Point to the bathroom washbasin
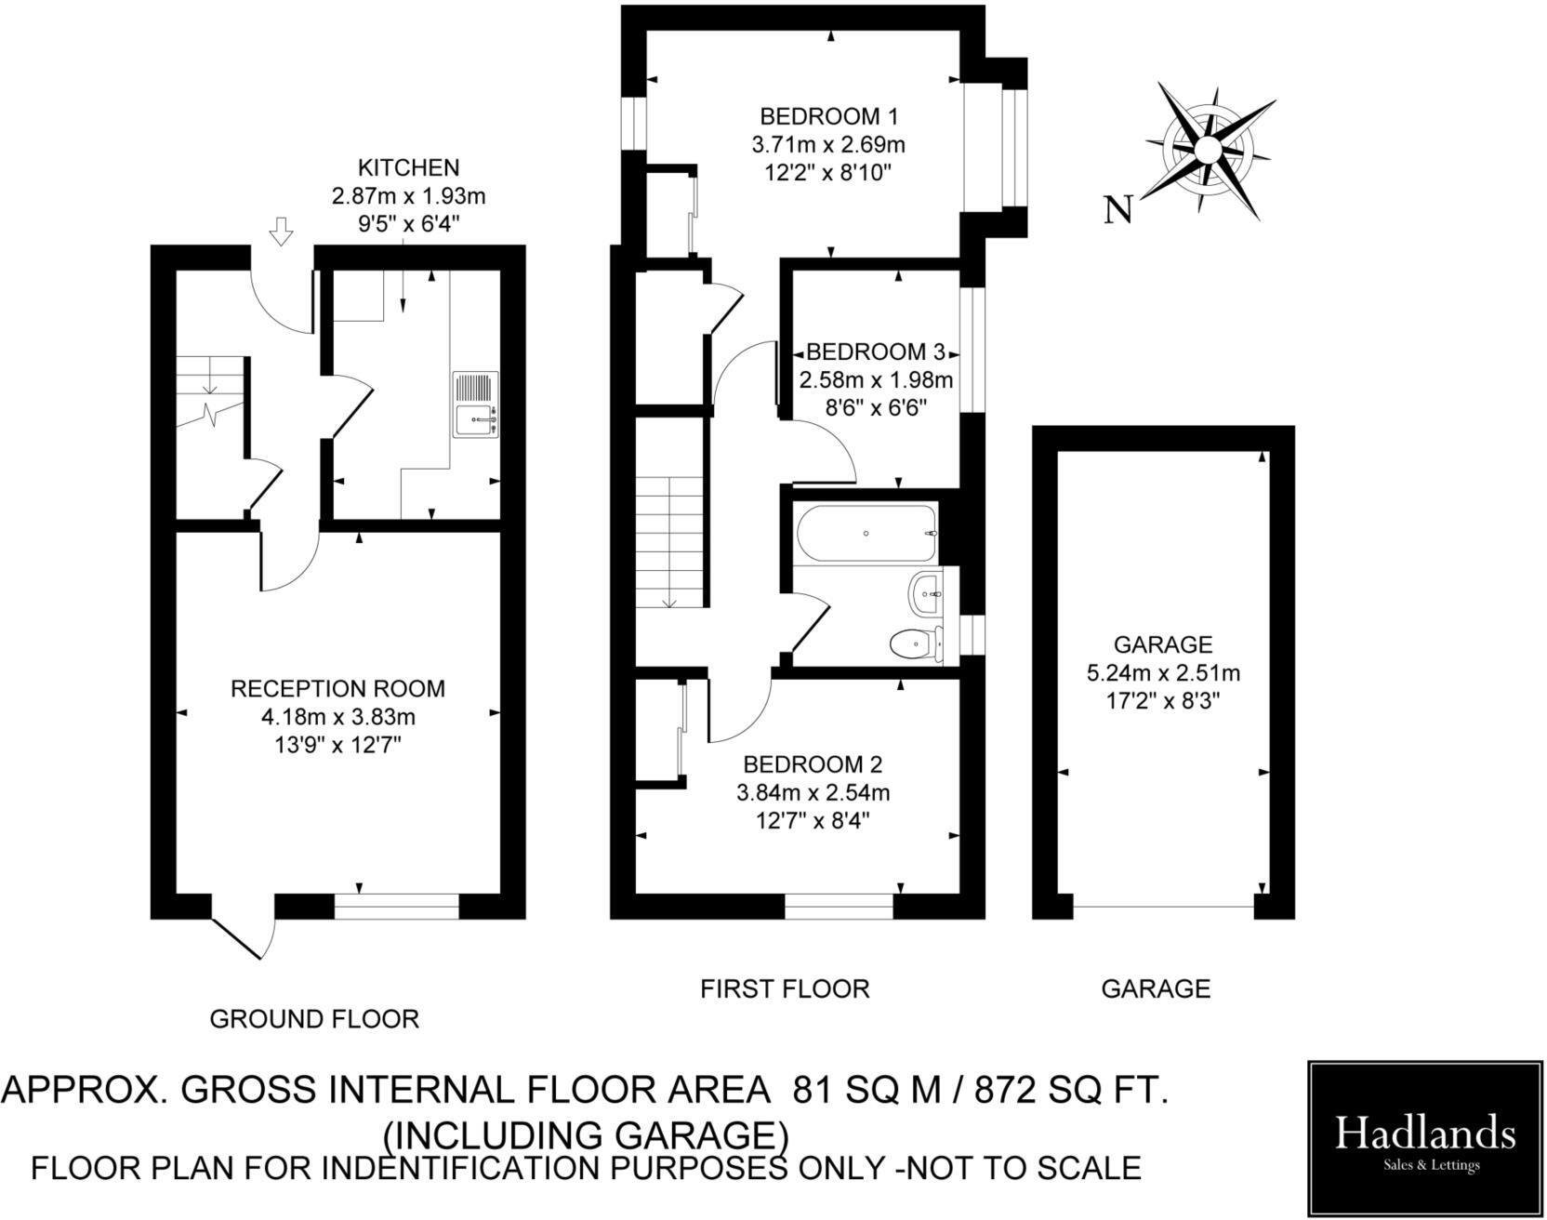[x=926, y=591]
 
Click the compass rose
[x=1209, y=151]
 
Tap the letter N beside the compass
[x=1119, y=210]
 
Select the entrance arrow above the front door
[x=281, y=231]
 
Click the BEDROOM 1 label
[x=828, y=117]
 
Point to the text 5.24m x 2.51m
[x=1162, y=672]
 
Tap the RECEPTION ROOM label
[x=337, y=689]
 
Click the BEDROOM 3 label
[x=875, y=352]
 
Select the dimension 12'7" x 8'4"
[x=813, y=821]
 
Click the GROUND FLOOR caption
[x=314, y=1019]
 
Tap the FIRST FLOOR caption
[x=785, y=988]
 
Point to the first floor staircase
[x=670, y=539]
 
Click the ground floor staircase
[x=210, y=391]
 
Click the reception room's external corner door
[x=244, y=936]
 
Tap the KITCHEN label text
[x=408, y=168]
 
